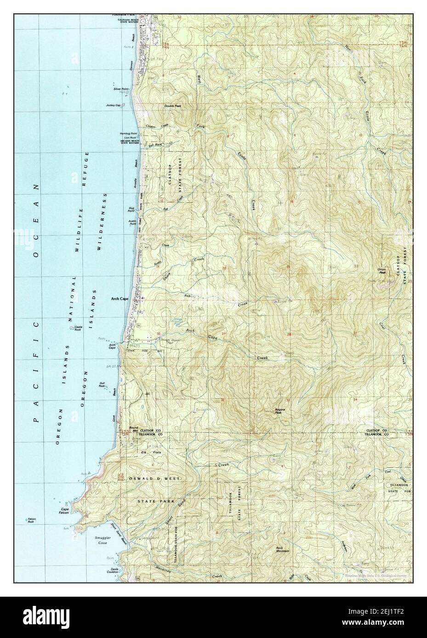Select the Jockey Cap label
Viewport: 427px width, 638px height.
coord(113,106)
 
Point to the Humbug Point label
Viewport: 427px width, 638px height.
coord(128,133)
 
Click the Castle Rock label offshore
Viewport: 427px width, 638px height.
coord(74,328)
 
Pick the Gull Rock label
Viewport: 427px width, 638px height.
coord(102,385)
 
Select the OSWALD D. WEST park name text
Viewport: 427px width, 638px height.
coord(155,479)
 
